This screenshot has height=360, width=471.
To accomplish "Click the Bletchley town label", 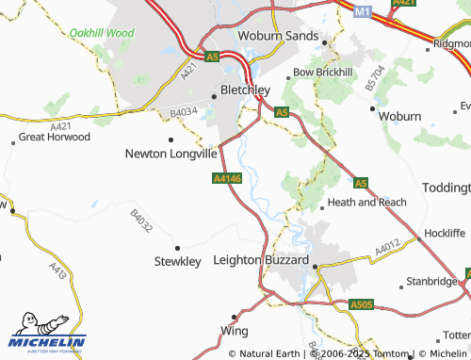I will (x=245, y=90).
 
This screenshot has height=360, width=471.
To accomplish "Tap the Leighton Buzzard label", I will (x=262, y=259).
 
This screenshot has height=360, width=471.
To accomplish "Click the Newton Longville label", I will (x=171, y=153).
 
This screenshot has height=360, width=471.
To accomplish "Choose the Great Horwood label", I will (x=55, y=137).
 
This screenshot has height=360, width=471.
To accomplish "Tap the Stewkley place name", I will (x=177, y=261).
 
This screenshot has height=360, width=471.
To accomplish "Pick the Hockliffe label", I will (x=446, y=231).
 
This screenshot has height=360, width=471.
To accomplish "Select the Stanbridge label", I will (x=431, y=281).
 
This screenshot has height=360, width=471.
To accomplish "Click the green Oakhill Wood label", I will (x=102, y=32).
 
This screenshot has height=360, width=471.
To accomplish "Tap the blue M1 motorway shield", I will (x=364, y=11).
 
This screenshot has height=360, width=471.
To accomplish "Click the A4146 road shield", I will (x=227, y=177).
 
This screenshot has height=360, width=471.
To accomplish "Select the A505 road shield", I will (x=361, y=304).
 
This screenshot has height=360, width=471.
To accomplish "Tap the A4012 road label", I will (x=387, y=250).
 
